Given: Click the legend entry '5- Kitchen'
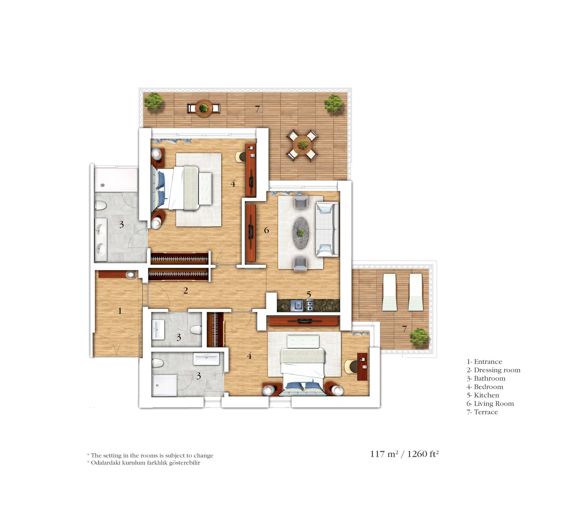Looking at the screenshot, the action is pyautogui.click(x=483, y=395).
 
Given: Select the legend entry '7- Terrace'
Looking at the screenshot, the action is pyautogui.click(x=482, y=412).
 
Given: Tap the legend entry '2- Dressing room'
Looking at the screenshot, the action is pyautogui.click(x=493, y=370).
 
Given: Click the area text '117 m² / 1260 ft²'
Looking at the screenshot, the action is pyautogui.click(x=404, y=454).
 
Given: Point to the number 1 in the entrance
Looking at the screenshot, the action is pyautogui.click(x=120, y=310).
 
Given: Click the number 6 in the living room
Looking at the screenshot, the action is pyautogui.click(x=266, y=230).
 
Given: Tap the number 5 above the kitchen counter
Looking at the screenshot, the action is pyautogui.click(x=309, y=294).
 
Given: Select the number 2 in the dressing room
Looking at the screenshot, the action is pyautogui.click(x=185, y=291).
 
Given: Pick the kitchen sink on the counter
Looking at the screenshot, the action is pyautogui.click(x=297, y=305).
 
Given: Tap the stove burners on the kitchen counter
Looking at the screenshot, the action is pyautogui.click(x=310, y=305).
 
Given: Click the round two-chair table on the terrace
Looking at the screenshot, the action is pyautogui.click(x=203, y=108).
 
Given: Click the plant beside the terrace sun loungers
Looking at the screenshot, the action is pyautogui.click(x=419, y=337).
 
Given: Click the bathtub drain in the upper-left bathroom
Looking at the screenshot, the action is pyautogui.click(x=103, y=185).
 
